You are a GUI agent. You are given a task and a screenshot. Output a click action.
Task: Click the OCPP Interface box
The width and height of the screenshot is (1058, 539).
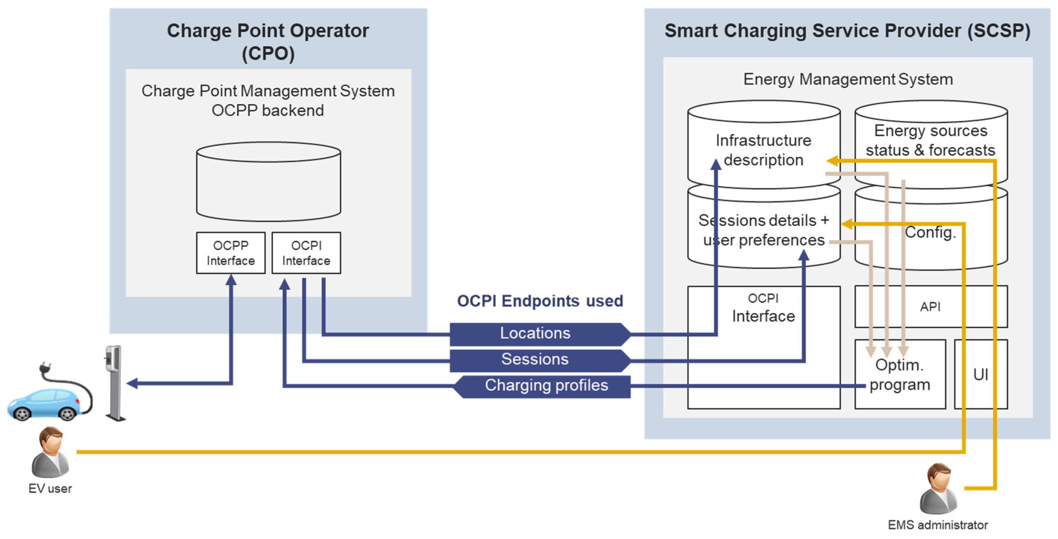tap(231, 253)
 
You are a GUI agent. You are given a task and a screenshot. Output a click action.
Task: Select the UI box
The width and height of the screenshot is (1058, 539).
tap(980, 374)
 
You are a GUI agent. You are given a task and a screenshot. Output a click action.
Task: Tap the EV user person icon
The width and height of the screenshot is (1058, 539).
tap(50, 452)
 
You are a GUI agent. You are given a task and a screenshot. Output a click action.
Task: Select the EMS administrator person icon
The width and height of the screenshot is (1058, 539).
tap(938, 489)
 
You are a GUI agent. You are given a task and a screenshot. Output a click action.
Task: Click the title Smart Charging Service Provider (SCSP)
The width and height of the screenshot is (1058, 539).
tap(847, 31)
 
